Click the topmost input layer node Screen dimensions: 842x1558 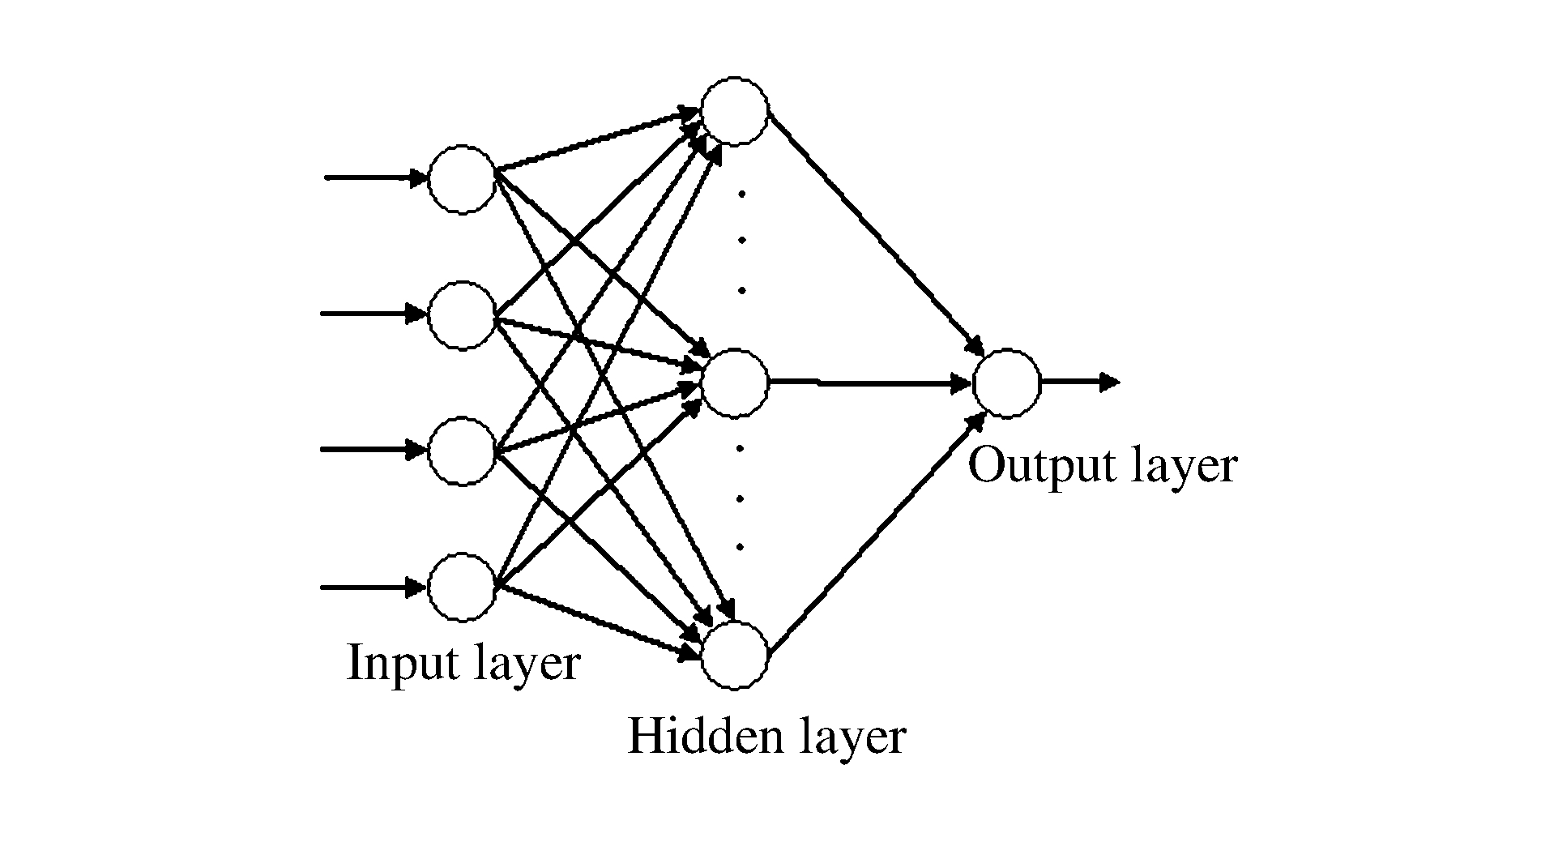[461, 179]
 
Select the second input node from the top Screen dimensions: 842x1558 [461, 314]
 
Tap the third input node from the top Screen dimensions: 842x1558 [461, 451]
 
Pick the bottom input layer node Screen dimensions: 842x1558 [461, 588]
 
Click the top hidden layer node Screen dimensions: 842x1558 [734, 111]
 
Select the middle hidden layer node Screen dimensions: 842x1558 [734, 383]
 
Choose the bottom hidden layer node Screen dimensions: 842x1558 [734, 656]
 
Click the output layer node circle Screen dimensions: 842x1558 [1006, 383]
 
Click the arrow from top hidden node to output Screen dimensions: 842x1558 [875, 235]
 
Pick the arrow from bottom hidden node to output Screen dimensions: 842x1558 [875, 535]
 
